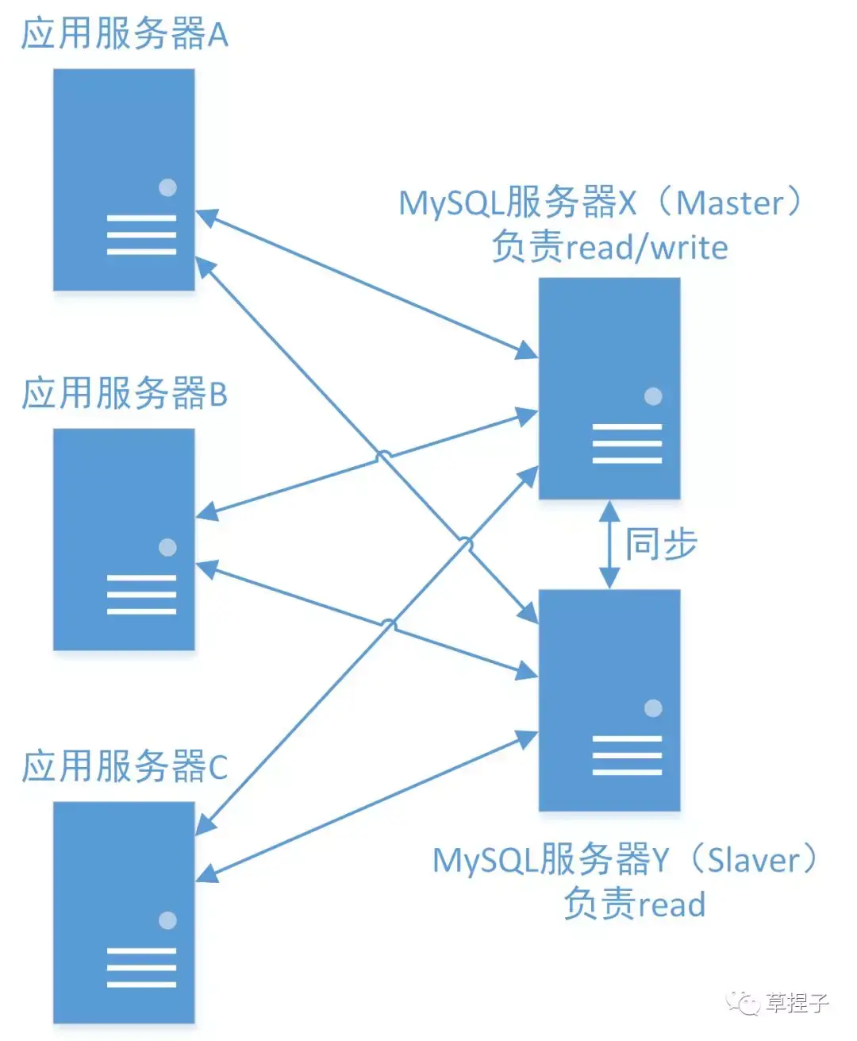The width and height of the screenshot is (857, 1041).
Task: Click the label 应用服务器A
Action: [125, 34]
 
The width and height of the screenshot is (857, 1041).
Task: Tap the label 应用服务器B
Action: [125, 394]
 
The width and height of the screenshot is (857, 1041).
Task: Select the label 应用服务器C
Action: [125, 767]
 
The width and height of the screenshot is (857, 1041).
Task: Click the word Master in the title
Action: [730, 203]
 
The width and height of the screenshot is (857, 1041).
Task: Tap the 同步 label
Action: [661, 545]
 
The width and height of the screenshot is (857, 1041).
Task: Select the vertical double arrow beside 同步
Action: [609, 545]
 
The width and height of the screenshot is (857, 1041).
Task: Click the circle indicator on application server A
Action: [167, 187]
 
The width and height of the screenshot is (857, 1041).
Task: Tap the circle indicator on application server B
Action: [167, 547]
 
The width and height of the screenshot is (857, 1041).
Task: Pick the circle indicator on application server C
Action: [167, 920]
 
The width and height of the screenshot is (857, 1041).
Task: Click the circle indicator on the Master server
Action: [653, 396]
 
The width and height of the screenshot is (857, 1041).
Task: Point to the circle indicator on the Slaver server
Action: [653, 708]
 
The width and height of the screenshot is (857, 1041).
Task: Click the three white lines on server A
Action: [141, 234]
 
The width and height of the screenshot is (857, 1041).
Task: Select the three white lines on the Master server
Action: [627, 443]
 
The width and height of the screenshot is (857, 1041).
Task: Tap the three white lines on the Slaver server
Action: [627, 755]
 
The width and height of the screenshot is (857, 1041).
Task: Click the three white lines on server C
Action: [141, 967]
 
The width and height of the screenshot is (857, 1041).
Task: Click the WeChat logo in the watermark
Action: [744, 1003]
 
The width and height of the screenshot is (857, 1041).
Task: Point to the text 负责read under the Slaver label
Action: [634, 904]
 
